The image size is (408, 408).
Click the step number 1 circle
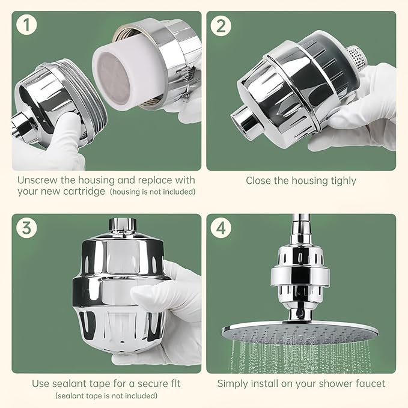tap(25, 25)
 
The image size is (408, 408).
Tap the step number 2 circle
tap(219, 25)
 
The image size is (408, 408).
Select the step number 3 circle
tap(25, 228)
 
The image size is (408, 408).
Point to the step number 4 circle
tap(219, 228)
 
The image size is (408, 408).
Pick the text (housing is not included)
tap(153, 192)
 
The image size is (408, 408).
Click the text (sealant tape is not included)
tap(106, 395)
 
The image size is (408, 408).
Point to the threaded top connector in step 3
tap(123, 226)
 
